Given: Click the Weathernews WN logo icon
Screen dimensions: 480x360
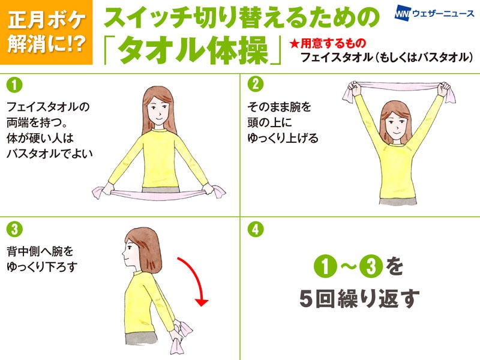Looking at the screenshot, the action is pos(402,13).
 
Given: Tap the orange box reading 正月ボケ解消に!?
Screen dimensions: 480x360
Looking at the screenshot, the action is pos(46,32).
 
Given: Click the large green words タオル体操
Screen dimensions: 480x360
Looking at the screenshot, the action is pos(193,50).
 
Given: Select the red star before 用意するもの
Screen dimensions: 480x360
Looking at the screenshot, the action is pos(294,43).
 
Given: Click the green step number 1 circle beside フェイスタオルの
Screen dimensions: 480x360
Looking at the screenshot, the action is pos(14,85).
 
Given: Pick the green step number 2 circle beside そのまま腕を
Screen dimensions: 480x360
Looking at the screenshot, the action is pos(256,85).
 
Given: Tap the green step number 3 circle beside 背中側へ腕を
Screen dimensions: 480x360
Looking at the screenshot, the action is pos(14,229).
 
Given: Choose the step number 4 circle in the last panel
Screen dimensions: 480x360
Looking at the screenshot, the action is pos(256,229).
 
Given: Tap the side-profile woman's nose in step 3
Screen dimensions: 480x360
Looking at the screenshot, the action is pos(124,253).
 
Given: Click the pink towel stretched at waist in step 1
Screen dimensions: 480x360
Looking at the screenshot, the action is pos(158,194).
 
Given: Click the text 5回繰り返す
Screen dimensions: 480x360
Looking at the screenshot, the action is pos(359,298).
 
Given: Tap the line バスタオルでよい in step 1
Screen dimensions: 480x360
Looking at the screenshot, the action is pos(50,154).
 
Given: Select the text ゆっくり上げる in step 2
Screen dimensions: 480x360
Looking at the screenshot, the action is pos(283,138).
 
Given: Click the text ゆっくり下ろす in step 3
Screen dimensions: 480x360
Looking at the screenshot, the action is pos(42,266).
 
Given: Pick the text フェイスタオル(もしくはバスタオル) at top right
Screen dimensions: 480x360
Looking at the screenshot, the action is pos(387,57).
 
